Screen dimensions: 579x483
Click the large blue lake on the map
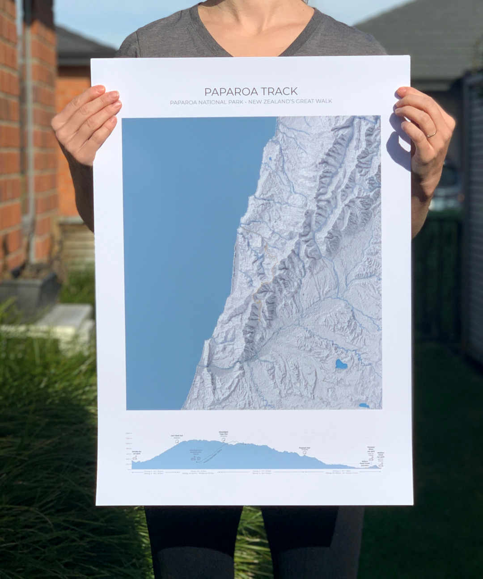[342, 365]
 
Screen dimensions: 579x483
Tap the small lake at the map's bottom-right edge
[364, 406]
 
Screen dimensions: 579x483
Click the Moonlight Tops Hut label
[224, 433]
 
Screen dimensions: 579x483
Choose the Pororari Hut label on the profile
[305, 448]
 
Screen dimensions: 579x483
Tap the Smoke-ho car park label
[137, 452]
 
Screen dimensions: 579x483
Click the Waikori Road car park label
[380, 455]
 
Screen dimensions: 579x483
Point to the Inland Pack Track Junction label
[365, 464]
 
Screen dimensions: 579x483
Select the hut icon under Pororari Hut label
[305, 453]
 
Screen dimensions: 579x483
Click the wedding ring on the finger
[432, 134]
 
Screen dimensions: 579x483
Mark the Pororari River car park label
[371, 449]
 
